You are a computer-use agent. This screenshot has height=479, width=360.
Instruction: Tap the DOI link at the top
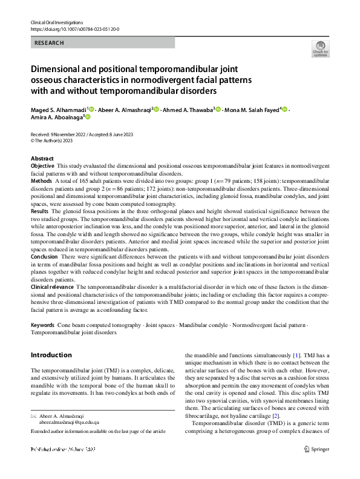click(x=74, y=28)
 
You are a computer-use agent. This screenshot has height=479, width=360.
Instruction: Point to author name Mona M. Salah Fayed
click(x=252, y=110)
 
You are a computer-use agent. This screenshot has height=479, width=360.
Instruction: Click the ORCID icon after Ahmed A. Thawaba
click(x=218, y=110)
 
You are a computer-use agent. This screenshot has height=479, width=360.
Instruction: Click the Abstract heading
click(x=42, y=158)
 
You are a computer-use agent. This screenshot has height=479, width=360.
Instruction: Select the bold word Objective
click(x=42, y=165)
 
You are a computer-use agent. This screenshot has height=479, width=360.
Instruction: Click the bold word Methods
click(x=41, y=180)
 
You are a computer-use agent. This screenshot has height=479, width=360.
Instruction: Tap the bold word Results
click(x=41, y=211)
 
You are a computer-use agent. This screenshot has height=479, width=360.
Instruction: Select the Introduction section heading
click(x=51, y=355)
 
